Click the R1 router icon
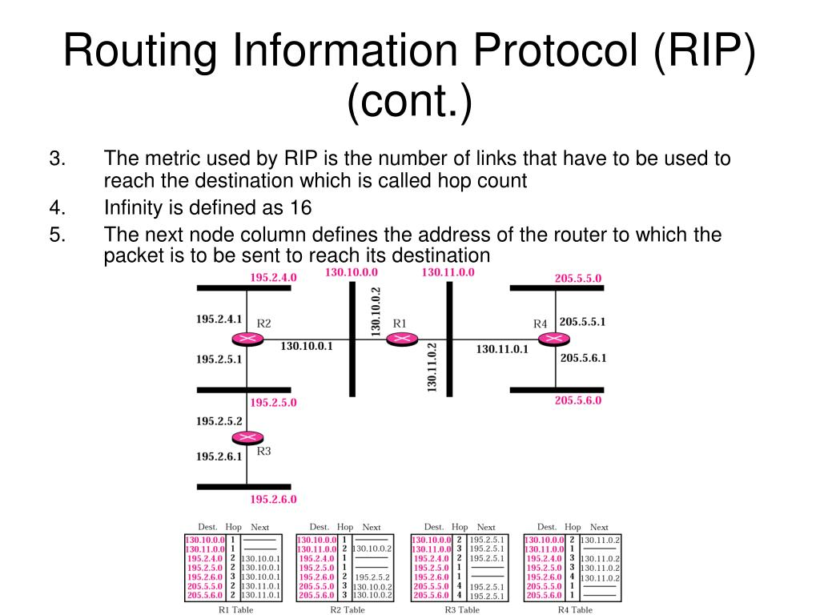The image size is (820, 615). point(401,340)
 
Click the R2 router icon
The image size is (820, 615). point(247,340)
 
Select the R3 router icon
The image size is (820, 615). point(247,437)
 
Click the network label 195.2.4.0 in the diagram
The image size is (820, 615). point(273,278)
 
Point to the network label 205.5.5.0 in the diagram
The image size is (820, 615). point(577,279)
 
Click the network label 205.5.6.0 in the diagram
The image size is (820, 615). point(577,400)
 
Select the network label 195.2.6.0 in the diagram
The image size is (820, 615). point(273,499)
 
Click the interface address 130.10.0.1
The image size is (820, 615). point(306,346)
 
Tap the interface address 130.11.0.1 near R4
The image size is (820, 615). point(502,349)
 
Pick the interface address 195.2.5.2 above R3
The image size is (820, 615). point(219,420)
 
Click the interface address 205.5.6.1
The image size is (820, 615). point(583,358)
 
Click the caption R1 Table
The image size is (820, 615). point(235,609)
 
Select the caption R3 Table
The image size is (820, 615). point(462,609)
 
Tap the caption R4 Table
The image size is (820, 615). point(575,609)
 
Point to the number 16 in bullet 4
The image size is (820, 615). point(300,208)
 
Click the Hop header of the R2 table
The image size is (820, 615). point(345,527)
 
